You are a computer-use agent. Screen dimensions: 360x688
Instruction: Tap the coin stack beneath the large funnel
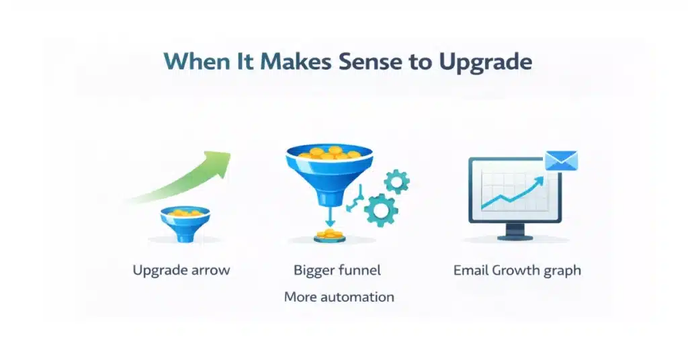click(329, 234)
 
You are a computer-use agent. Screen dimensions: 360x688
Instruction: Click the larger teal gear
click(380, 208)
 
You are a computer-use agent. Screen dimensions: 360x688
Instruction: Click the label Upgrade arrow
click(181, 271)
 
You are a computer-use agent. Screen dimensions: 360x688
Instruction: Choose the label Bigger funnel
click(337, 271)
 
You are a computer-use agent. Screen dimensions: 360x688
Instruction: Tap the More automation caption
click(339, 296)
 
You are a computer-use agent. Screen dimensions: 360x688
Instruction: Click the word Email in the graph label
click(471, 271)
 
